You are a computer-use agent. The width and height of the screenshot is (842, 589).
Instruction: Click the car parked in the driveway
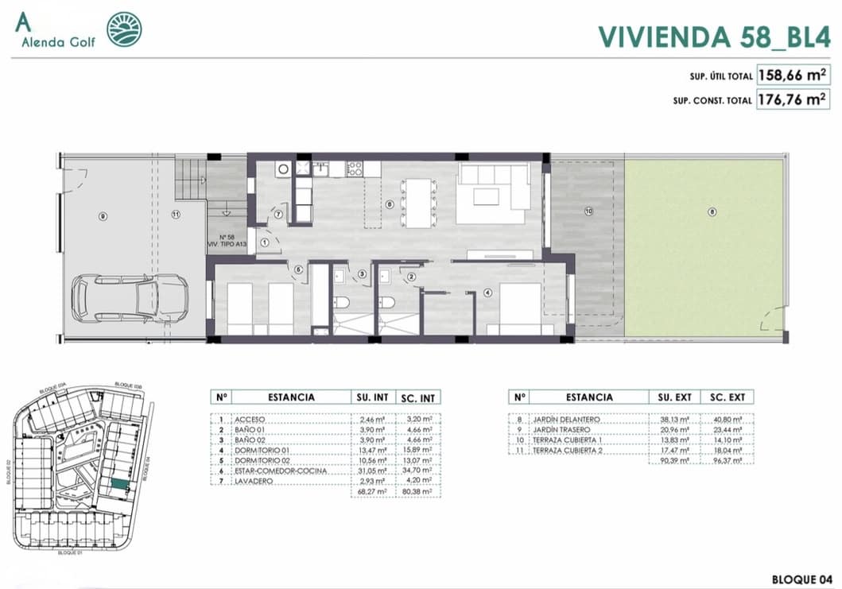tap(130, 298)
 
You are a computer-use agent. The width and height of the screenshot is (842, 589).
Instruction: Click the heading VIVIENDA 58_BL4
tap(714, 36)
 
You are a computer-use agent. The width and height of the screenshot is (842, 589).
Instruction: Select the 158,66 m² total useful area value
tap(792, 76)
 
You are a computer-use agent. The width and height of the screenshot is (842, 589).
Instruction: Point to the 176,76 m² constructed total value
tap(792, 100)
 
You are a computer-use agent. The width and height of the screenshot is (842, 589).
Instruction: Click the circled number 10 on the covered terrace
tap(588, 211)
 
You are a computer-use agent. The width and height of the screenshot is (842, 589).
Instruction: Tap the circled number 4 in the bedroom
tap(487, 291)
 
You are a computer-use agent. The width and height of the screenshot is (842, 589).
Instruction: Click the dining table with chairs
tap(419, 203)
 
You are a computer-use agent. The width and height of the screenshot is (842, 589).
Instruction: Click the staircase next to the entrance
tap(190, 180)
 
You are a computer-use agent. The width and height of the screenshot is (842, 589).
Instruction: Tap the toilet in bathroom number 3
tap(343, 304)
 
